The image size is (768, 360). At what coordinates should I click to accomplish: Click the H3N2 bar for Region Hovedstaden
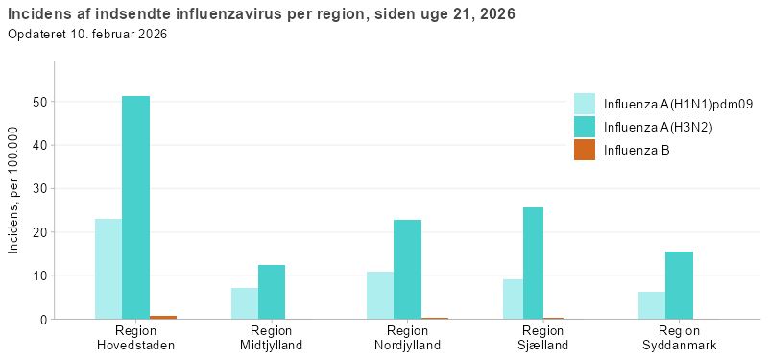tap(135, 207)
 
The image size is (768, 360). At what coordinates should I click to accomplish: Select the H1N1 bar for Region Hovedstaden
tap(108, 269)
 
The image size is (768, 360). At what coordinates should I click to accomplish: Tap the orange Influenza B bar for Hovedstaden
tap(163, 317)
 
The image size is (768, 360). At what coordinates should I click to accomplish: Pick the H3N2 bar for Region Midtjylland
tap(272, 292)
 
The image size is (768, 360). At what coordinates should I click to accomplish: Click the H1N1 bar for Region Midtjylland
tap(245, 303)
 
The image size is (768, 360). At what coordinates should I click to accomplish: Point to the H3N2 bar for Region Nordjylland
tap(407, 269)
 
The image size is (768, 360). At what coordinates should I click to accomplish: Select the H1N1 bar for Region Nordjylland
tap(380, 295)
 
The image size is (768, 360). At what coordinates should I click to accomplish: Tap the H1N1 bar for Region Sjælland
tap(516, 299)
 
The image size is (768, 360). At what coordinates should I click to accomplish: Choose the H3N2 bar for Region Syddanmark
tap(679, 285)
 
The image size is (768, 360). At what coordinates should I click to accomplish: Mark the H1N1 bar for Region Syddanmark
tap(652, 305)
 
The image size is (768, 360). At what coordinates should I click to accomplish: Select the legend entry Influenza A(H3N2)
tap(658, 127)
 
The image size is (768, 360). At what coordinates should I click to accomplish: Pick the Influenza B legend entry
tap(636, 150)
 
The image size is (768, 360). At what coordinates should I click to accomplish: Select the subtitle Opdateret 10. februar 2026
tap(87, 35)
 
